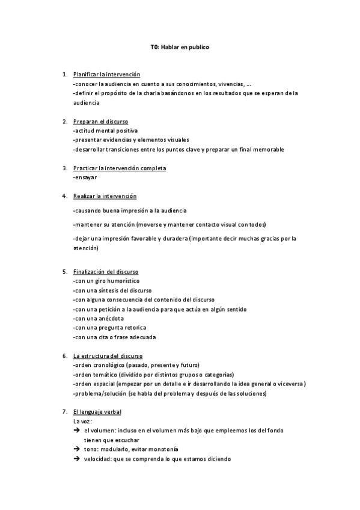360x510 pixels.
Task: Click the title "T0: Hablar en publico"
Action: coord(180,46)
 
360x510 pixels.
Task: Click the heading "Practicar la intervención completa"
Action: coord(119,168)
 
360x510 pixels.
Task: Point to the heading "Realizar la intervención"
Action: coord(105,196)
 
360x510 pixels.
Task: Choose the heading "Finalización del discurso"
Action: coord(106,272)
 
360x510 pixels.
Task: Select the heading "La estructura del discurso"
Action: coord(108,356)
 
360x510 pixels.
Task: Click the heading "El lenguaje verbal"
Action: coord(97,412)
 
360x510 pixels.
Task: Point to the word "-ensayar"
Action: coord(85,177)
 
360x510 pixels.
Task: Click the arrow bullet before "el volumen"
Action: coord(77,431)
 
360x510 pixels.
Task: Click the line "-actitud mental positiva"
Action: coord(105,131)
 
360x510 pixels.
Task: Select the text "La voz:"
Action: coord(83,422)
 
